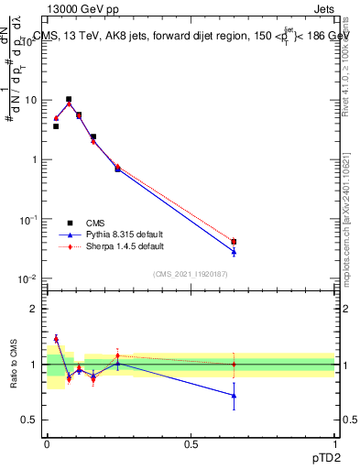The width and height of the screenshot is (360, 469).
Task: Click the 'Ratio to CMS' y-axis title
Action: (15, 364)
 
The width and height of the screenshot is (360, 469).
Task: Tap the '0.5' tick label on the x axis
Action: (191, 444)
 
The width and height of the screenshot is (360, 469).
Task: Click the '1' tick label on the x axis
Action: (334, 444)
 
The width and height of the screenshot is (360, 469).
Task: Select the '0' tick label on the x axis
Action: (47, 444)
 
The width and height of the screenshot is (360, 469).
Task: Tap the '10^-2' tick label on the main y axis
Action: (28, 279)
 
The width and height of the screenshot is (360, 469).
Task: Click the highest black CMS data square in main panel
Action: (69, 99)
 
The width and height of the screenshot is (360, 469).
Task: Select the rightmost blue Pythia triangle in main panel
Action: (234, 251)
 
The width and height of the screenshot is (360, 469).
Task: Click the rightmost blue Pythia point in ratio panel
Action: (234, 396)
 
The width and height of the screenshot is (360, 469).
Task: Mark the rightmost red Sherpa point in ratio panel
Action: (234, 365)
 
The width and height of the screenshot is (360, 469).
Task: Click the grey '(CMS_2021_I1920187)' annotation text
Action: (191, 273)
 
